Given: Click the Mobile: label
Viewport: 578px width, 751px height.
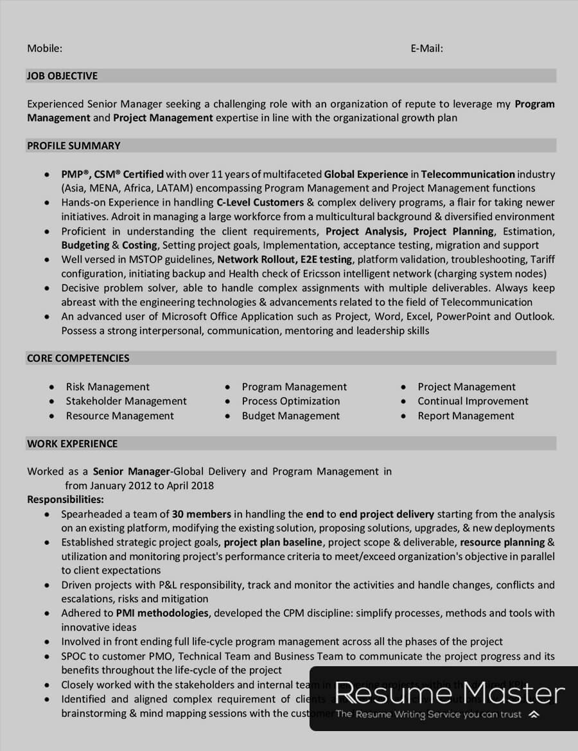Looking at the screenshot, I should point(44,48).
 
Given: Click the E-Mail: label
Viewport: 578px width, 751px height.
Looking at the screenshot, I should point(426,48).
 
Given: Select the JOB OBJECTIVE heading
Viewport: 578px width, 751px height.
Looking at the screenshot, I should point(62,76).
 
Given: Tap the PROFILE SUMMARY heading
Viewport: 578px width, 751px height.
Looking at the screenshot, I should point(73,146).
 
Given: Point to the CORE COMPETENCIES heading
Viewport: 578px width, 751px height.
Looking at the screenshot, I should point(78,358).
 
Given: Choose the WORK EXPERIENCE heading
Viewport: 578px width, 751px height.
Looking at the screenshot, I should point(72,443).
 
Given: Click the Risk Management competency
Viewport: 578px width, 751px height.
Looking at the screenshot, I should point(107,387).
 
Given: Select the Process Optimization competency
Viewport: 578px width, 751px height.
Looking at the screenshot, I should point(290,401).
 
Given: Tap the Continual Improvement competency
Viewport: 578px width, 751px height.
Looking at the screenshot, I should point(473,401).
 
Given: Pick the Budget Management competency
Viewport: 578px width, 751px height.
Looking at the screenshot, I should point(290,416).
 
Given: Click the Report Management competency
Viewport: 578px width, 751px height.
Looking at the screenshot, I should point(466,416).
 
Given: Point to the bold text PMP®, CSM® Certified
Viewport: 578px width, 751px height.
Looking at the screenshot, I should point(112,174).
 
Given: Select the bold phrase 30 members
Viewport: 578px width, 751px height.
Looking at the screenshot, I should point(202,514).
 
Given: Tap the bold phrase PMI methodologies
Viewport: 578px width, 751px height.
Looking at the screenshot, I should point(162,613).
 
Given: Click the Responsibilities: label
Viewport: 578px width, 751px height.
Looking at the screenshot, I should point(66,499).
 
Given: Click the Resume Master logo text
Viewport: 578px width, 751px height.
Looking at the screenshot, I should point(450,694).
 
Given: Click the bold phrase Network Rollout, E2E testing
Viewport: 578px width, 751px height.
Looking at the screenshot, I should point(285,260).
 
